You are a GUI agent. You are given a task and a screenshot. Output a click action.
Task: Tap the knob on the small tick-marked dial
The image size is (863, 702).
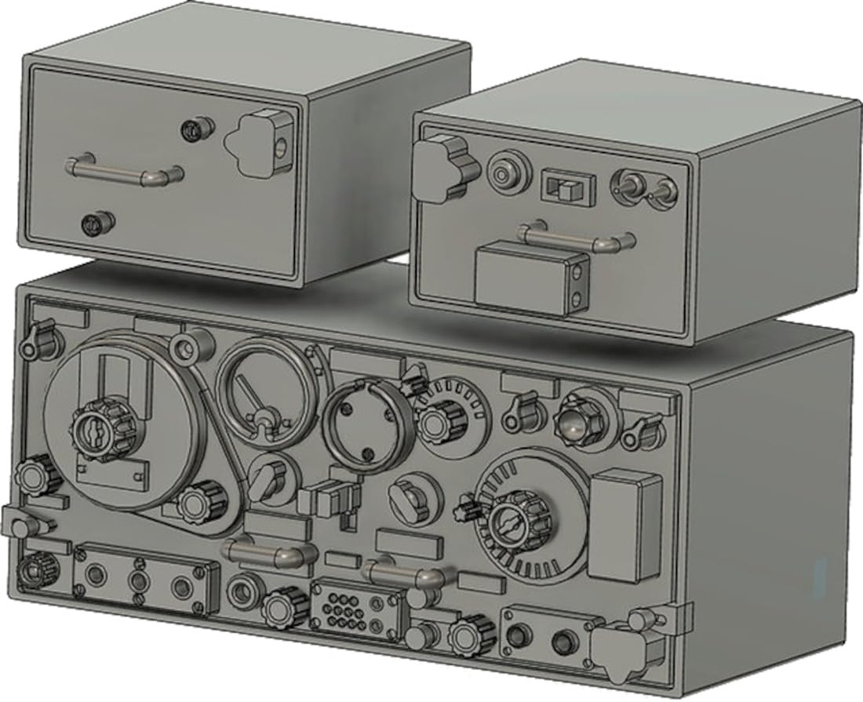(439, 420)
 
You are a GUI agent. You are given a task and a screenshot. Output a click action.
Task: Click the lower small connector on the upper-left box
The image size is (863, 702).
(99, 224)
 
